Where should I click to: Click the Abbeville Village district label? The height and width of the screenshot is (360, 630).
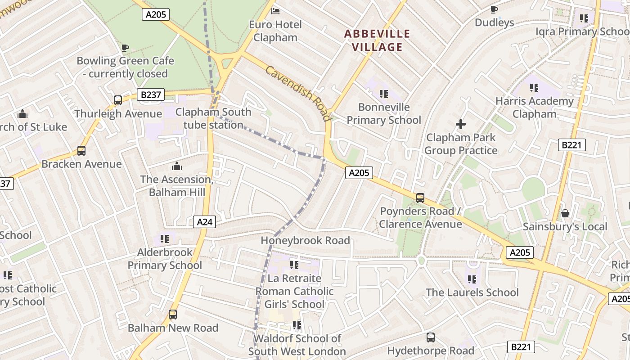(x=377, y=40)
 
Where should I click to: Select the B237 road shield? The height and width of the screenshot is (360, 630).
(x=150, y=95)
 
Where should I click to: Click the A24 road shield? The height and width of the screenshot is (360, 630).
(x=204, y=221)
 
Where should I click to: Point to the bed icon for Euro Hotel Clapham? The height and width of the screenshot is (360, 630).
(x=275, y=10)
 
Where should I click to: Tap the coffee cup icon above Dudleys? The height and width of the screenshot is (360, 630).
(x=494, y=9)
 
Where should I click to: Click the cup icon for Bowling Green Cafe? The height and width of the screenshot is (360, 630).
(x=125, y=47)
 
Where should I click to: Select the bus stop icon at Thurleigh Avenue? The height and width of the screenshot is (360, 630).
(x=118, y=100)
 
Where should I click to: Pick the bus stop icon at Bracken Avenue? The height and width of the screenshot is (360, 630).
(x=81, y=151)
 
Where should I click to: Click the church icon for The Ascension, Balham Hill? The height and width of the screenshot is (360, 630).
(x=176, y=166)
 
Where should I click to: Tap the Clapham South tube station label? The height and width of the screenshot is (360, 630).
(x=213, y=118)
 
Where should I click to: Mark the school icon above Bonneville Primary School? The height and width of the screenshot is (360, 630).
(x=383, y=94)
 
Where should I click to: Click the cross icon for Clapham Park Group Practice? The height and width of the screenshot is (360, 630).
(x=461, y=124)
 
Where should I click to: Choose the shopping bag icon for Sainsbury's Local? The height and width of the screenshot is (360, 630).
(x=565, y=213)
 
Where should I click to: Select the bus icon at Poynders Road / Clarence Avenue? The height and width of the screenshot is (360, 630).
(x=420, y=198)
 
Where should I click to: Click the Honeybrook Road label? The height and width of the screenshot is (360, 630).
(x=305, y=241)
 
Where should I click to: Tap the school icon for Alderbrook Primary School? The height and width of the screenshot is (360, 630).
(x=165, y=238)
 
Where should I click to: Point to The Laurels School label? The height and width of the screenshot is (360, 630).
(x=472, y=292)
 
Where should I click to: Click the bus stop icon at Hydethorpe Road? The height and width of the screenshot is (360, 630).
(x=431, y=337)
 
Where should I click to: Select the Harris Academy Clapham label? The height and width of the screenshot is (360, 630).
(x=535, y=108)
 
